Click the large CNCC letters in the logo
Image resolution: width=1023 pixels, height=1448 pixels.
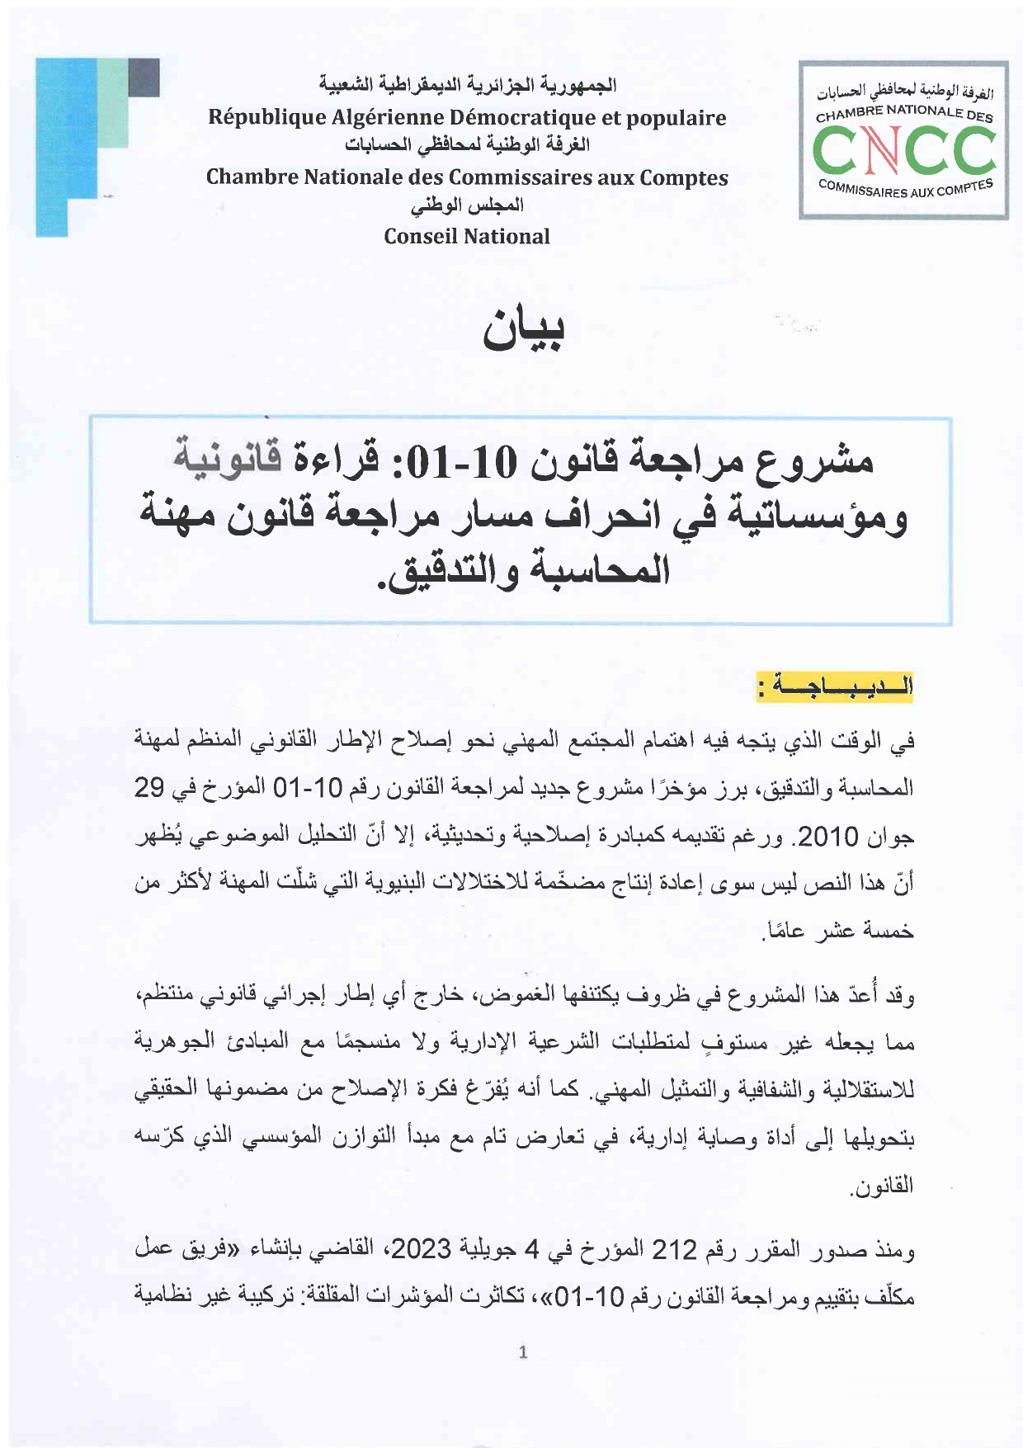tap(903, 151)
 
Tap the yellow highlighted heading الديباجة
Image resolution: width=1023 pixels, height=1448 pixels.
tap(835, 686)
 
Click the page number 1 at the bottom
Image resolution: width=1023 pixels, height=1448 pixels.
tap(521, 1351)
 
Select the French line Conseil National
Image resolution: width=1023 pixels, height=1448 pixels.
tap(467, 237)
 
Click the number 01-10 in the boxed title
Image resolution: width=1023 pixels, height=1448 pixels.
tap(474, 460)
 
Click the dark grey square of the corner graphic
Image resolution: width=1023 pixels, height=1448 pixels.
tap(144, 77)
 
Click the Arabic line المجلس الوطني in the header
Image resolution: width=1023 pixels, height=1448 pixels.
tap(467, 206)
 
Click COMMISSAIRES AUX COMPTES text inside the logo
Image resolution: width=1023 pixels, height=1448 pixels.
tap(905, 189)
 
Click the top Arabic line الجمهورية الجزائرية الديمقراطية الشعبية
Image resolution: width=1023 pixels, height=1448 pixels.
tap(467, 85)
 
